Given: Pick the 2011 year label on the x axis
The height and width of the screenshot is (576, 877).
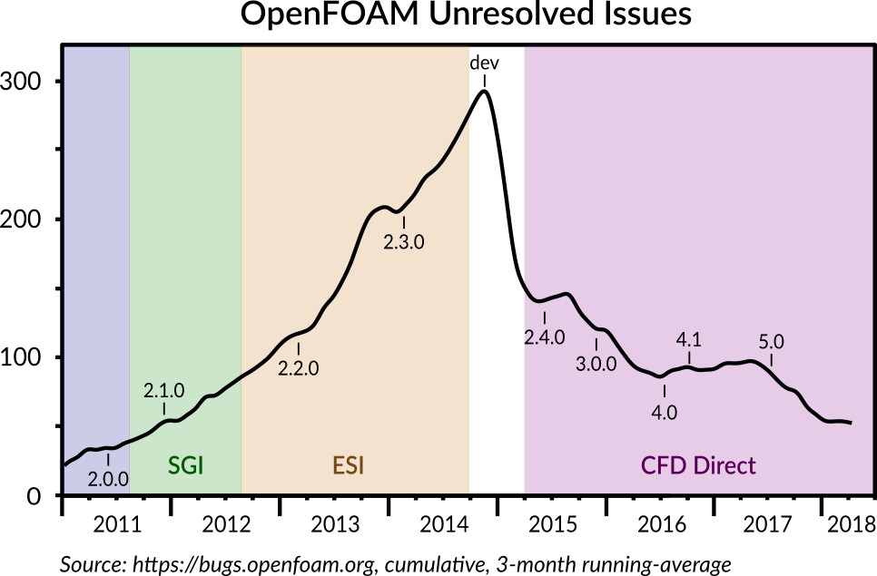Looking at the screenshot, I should pos(116,524).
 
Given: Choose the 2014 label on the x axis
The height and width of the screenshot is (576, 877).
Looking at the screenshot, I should pos(445,524).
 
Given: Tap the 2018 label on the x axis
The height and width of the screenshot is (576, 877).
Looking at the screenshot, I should pos(850,524).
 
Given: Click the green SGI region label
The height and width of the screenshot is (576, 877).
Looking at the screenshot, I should pos(185,466).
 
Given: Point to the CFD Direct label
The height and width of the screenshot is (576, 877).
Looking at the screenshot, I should pos(698,466).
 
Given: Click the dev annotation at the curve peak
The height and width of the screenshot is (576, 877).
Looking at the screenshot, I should pos(484,63).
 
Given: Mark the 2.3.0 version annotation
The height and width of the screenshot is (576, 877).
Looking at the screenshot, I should pos(404,242).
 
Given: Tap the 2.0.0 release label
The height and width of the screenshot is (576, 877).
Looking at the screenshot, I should pos(108,478).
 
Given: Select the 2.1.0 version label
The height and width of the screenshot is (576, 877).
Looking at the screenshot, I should pos(164,391).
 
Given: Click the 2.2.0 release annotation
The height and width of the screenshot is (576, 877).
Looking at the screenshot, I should pos(299,369).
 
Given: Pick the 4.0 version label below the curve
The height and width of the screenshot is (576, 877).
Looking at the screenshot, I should pos(665,412).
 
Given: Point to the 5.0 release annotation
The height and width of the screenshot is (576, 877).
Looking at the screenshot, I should pos(771,342).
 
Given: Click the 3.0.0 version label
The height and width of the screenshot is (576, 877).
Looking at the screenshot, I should pos(596,365).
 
